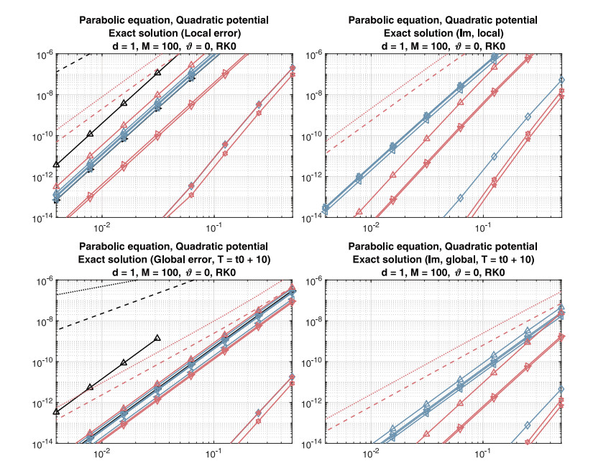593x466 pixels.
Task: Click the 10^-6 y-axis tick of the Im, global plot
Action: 307,280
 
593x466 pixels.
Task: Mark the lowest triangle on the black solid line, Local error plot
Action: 56,165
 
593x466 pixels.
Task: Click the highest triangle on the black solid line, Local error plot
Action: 157,72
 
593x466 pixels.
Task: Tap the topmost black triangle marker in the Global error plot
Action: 157,337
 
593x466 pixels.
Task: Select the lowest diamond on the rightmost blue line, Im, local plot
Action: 460,197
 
